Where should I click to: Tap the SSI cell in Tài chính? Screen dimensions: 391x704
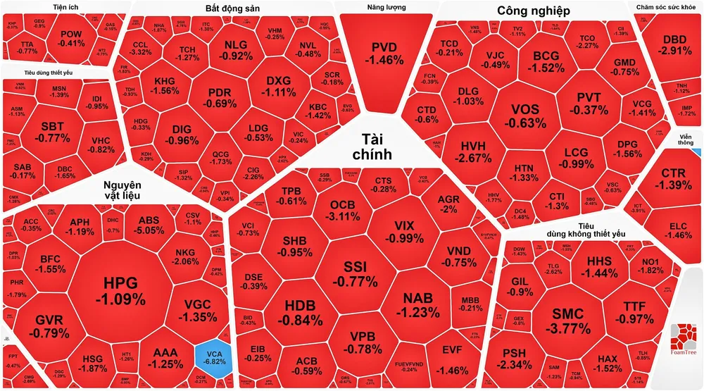360,274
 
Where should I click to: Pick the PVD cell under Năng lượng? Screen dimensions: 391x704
384,53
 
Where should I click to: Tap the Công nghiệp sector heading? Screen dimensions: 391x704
533,11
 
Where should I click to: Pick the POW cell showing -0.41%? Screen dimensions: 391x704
72,38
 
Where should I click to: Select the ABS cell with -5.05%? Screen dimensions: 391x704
149,225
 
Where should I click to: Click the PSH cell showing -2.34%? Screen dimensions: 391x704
517,359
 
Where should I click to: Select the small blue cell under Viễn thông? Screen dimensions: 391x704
697,151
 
